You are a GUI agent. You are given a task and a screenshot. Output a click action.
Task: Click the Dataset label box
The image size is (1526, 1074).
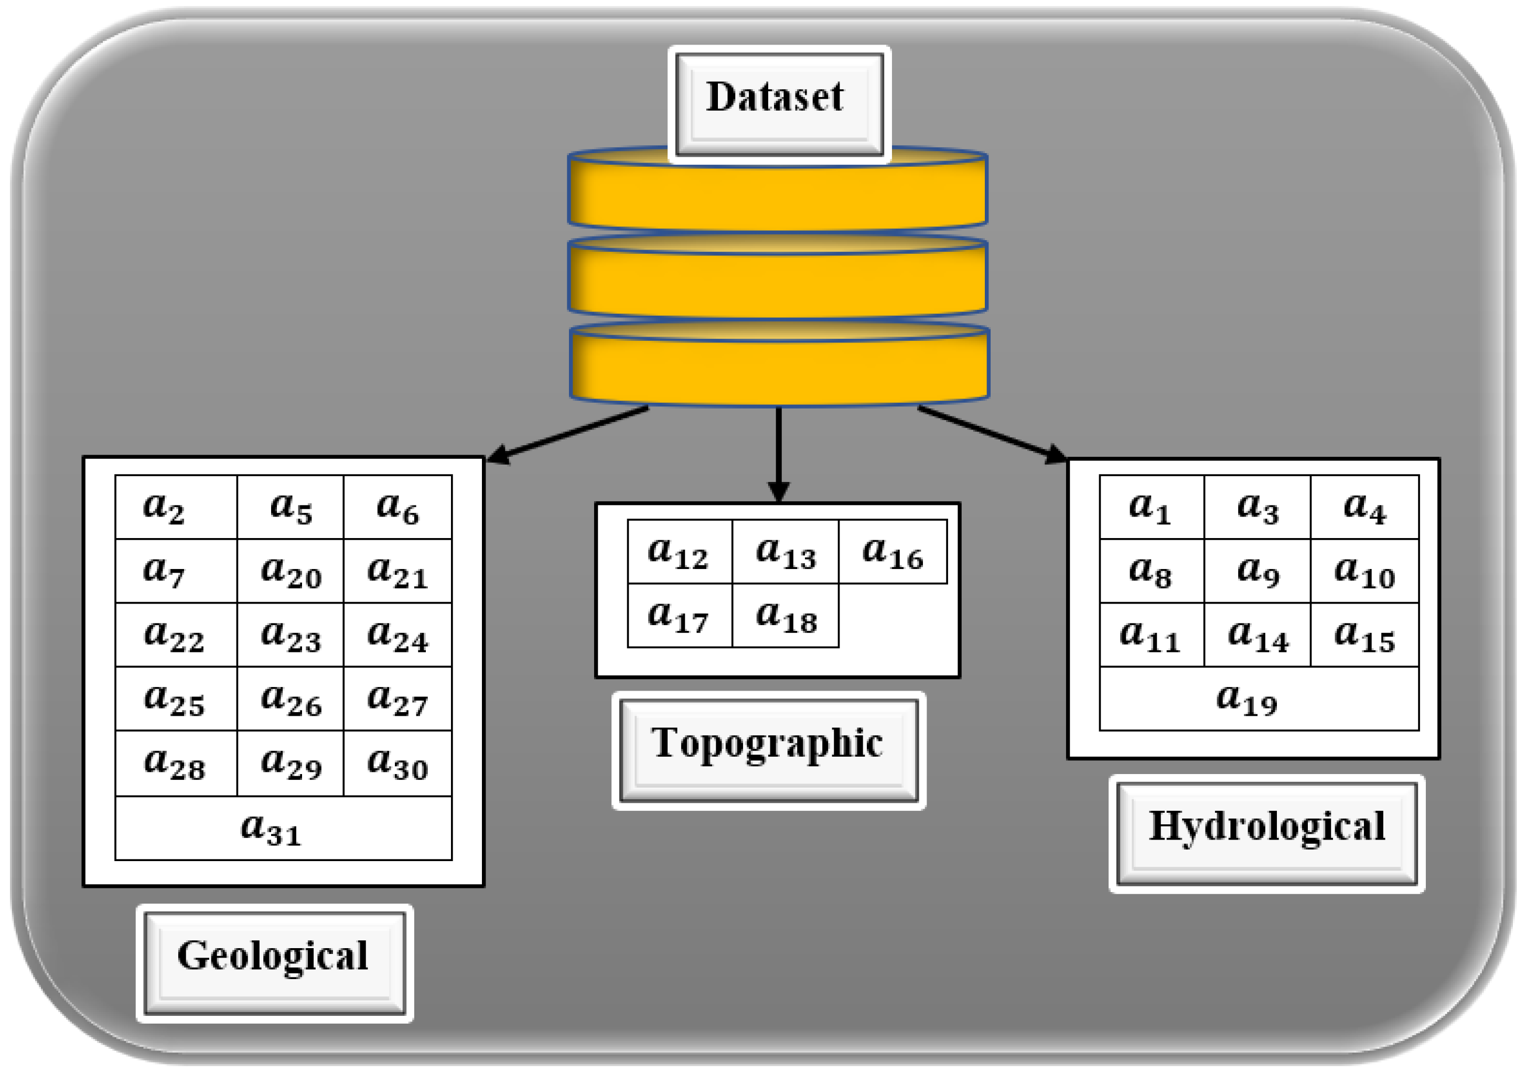779,104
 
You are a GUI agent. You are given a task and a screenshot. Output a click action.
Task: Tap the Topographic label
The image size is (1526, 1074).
768,750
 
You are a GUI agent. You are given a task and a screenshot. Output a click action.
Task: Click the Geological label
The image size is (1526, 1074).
274,963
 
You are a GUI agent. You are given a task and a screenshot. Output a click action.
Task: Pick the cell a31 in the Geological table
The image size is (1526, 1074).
283,828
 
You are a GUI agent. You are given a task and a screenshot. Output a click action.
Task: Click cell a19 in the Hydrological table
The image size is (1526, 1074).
1259,699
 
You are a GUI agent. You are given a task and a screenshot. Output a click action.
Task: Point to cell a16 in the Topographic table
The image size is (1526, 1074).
893,552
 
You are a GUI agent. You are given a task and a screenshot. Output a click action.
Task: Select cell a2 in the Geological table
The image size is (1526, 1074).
176,507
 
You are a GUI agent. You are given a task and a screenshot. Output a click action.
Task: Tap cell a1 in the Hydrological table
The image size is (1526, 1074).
1151,507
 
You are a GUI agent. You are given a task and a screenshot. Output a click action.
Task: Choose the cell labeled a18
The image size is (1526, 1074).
786,616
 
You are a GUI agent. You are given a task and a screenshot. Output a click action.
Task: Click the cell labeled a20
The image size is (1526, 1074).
291,571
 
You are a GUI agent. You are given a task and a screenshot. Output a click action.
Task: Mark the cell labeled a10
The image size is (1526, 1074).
1364,571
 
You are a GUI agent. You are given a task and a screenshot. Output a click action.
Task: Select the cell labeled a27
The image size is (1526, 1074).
397,699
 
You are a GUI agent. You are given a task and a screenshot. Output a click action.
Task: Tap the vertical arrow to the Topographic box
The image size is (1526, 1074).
778,452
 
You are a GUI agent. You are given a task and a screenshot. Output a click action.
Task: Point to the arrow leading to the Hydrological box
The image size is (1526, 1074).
990,433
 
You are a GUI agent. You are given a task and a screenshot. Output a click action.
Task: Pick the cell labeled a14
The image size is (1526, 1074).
1258,635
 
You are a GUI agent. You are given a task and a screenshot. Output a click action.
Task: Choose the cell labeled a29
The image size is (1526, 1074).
291,763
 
